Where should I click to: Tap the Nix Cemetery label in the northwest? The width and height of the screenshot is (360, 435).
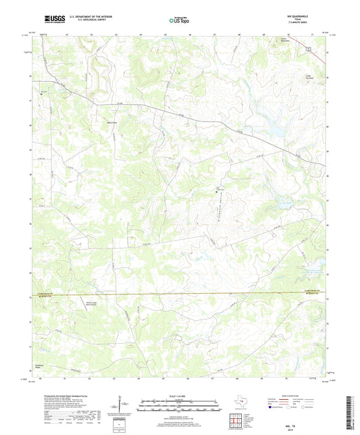pos(45,91)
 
